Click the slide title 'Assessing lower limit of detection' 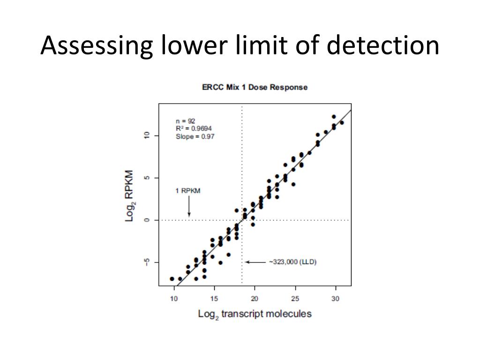[240, 46]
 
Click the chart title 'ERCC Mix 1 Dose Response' [255, 87]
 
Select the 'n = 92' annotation [186, 121]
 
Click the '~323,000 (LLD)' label [292, 262]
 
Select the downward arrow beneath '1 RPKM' [189, 206]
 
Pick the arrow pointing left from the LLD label [255, 262]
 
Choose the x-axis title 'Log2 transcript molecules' [255, 314]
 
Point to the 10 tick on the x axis [174, 299]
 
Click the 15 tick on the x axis [214, 299]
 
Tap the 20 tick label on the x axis [255, 299]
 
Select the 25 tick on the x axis [295, 299]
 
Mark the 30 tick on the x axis [335, 299]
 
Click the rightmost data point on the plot [342, 123]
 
